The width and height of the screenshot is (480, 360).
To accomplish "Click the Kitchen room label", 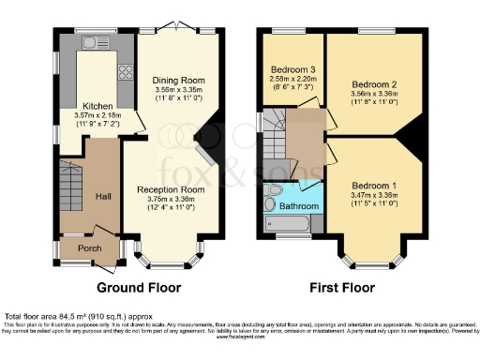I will (x=97, y=106).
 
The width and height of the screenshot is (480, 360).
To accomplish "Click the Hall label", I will (x=103, y=197).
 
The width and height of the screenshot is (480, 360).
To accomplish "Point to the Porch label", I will (x=88, y=247).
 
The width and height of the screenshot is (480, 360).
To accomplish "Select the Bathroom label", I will (x=299, y=204).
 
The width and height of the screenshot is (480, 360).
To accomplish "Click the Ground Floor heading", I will (x=138, y=288).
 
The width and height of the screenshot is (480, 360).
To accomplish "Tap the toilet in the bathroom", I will (x=271, y=203).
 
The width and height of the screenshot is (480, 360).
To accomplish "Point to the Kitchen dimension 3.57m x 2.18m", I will (x=97, y=115).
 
